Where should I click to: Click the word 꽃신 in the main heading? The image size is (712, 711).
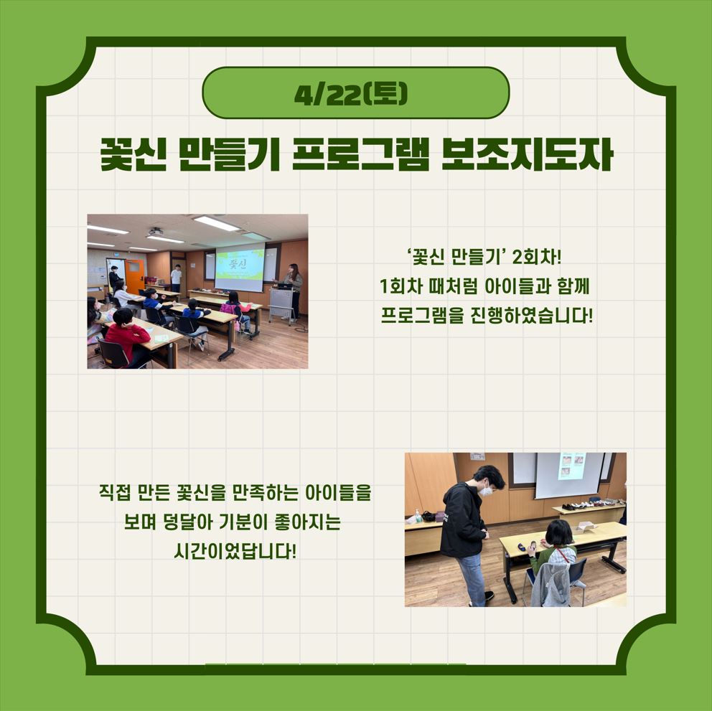133,154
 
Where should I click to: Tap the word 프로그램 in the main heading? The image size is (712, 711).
360,154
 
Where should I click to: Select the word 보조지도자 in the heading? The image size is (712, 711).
528,154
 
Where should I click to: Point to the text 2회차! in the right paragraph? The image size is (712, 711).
537,258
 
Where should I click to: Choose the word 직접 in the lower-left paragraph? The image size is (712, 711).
114,492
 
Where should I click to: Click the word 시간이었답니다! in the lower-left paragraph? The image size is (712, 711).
235,552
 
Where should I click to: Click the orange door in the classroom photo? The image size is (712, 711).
135,276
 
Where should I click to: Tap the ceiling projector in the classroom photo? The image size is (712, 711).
155,232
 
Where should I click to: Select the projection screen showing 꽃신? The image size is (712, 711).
239,268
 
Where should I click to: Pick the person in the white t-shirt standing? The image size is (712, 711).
176,278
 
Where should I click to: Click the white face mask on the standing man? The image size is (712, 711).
487,490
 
